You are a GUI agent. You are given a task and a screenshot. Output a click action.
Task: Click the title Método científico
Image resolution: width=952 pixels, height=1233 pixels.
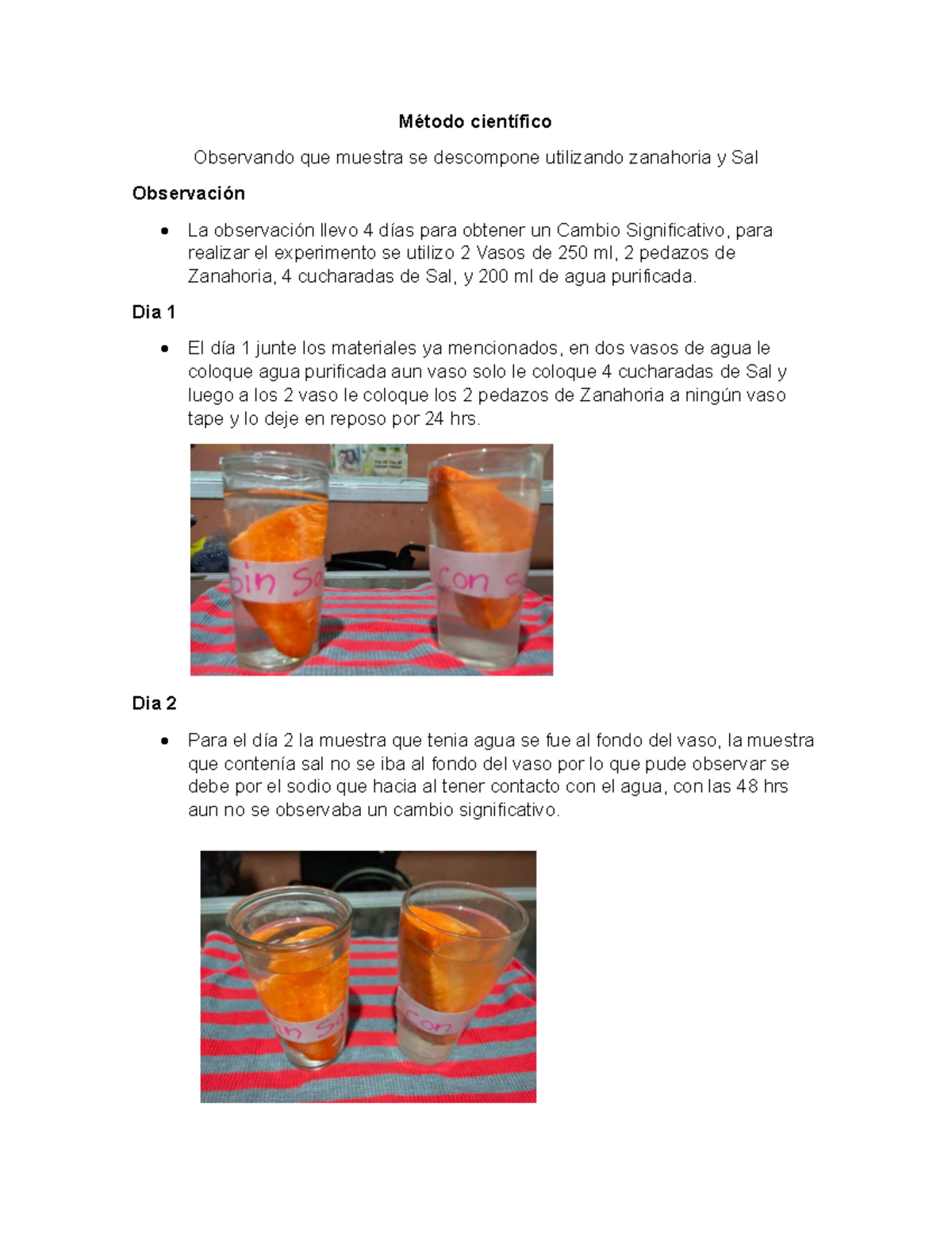coord(475,121)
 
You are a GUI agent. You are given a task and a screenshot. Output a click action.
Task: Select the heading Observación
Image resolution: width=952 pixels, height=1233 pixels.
coord(188,194)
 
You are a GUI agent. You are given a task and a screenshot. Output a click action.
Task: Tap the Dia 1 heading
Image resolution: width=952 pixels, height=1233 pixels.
coord(154,312)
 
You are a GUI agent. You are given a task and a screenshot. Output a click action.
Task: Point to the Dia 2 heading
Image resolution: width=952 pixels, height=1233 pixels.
coord(154,703)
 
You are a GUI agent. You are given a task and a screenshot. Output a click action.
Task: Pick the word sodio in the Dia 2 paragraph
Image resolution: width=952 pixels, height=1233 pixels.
coord(309,787)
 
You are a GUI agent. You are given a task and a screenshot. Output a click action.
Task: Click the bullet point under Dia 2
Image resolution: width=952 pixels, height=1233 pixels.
coord(164,741)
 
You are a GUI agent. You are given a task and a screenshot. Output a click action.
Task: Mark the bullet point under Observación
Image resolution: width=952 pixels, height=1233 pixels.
coord(164,230)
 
